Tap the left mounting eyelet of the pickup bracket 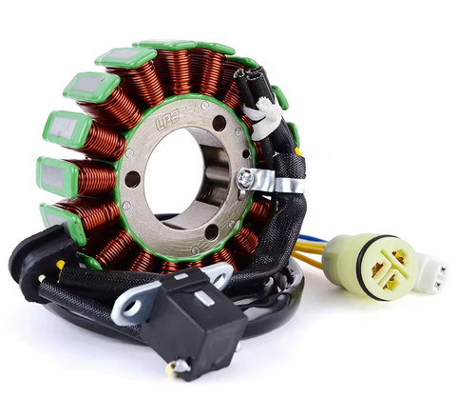pos(124,308)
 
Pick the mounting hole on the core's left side pos(132,179)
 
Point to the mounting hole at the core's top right pos(219,125)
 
